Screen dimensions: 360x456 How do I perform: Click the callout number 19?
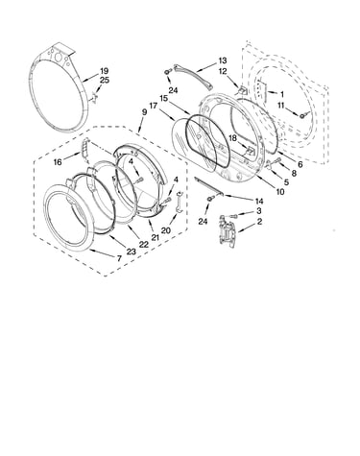105,71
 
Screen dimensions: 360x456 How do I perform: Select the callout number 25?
105,80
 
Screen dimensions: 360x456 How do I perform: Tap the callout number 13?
223,60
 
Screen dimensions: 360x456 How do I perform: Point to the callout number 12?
223,72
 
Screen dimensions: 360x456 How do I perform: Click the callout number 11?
280,105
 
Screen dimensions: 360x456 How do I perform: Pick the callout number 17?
154,105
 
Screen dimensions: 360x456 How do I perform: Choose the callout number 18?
232,138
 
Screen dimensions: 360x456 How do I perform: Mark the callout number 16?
58,162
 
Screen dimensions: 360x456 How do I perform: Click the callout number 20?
166,230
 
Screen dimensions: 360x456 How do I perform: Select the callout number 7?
119,258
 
